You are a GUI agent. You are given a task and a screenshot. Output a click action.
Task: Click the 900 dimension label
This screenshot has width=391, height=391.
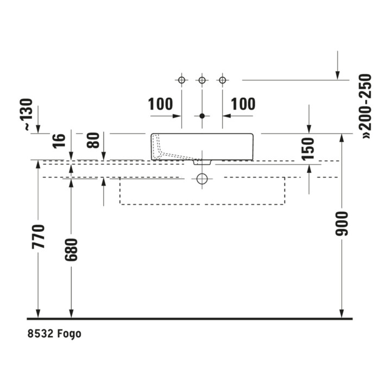click(x=342, y=224)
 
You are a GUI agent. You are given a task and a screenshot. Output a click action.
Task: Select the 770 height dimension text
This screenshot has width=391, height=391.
click(x=38, y=237)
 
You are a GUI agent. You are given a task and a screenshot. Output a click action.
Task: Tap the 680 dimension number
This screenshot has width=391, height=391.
click(x=71, y=250)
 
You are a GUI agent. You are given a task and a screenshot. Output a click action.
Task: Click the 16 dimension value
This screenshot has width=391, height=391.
click(x=59, y=141)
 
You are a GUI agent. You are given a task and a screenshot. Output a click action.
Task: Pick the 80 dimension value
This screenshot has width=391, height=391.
click(x=93, y=141)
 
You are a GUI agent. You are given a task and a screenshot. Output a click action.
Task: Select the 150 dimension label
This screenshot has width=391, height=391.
click(x=307, y=149)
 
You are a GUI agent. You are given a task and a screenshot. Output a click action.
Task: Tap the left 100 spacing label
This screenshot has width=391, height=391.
click(x=160, y=104)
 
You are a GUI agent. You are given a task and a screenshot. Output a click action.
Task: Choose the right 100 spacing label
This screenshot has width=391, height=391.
click(x=243, y=104)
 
